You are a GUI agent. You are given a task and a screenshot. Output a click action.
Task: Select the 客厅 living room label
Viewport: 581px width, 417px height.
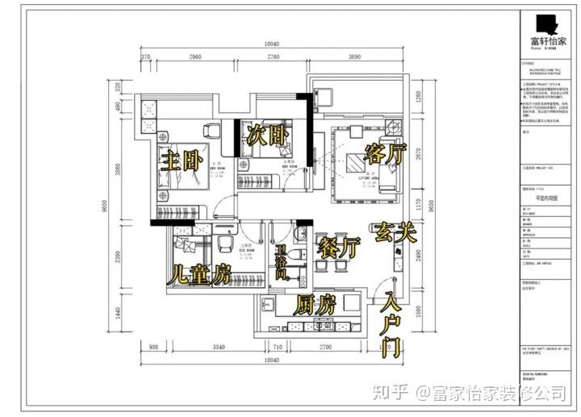click(385, 153)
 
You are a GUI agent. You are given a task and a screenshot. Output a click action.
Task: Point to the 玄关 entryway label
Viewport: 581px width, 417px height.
click(395, 234)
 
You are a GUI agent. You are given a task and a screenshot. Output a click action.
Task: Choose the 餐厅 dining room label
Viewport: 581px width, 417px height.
click(338, 248)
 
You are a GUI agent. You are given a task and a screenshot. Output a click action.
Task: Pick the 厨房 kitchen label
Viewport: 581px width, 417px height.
click(315, 305)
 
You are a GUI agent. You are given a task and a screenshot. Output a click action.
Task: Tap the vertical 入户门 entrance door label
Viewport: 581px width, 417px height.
click(394, 324)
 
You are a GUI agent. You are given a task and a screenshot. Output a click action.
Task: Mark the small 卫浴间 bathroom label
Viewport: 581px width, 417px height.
click(282, 263)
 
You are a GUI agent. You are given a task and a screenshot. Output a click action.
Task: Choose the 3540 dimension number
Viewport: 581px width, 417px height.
click(212, 348)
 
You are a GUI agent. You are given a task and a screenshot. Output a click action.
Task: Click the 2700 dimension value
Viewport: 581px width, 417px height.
click(324, 348)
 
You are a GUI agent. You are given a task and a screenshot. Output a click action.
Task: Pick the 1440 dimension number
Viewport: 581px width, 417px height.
click(117, 311)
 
